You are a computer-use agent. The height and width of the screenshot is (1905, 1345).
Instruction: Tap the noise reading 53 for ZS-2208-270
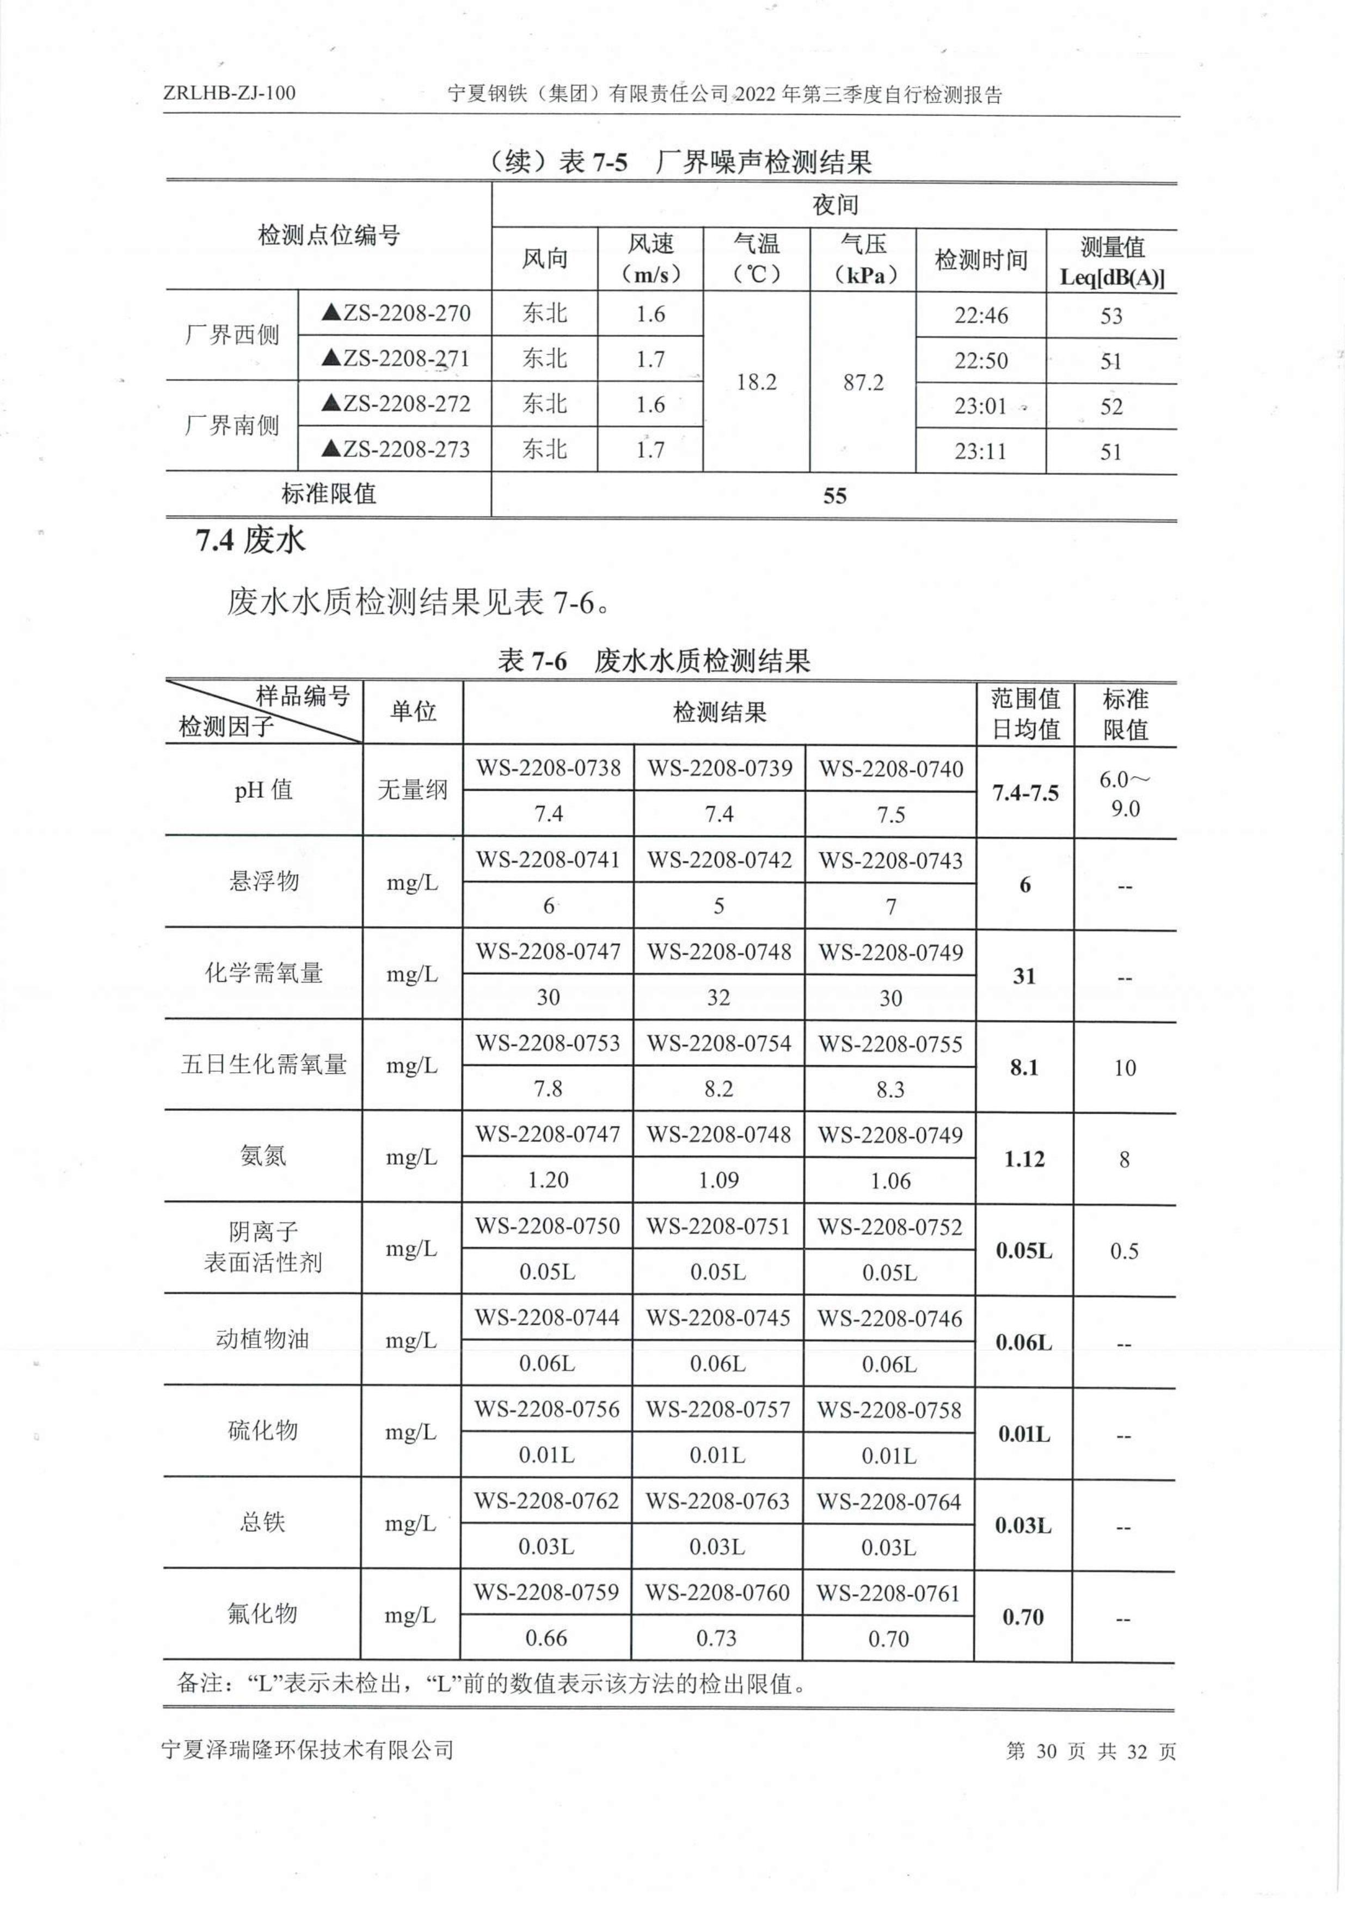[x=1110, y=316]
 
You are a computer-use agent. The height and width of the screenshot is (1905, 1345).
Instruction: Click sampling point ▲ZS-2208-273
[x=395, y=450]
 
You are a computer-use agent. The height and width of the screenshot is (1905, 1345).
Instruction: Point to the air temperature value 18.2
[x=756, y=383]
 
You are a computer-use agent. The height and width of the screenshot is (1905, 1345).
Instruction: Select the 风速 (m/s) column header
[x=650, y=259]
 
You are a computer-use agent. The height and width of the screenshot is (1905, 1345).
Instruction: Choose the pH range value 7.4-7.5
[x=1025, y=793]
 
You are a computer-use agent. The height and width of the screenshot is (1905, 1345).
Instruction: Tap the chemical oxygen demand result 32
[x=718, y=997]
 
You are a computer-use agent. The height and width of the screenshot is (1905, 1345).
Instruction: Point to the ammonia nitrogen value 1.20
[x=548, y=1180]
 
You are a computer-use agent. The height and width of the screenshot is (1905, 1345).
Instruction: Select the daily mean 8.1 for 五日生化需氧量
[x=1025, y=1068]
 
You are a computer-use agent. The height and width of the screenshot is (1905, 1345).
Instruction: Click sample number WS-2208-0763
[x=718, y=1501]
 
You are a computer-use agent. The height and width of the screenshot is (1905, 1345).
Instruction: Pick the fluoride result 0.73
[x=717, y=1638]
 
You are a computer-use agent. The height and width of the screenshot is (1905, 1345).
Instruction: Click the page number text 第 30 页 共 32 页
[x=1090, y=1750]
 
